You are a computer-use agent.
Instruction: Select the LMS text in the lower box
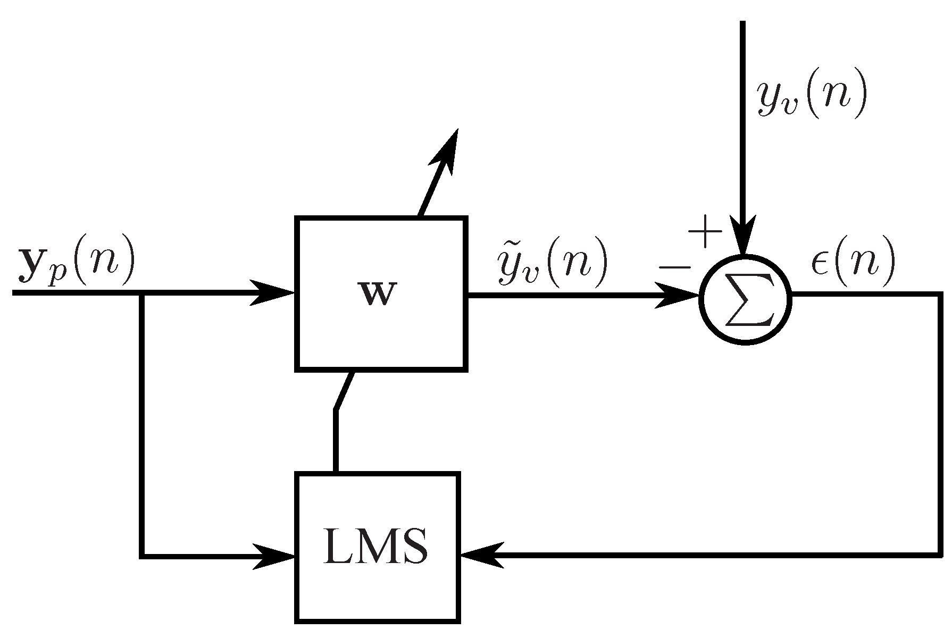point(375,548)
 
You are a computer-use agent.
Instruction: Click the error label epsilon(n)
point(853,261)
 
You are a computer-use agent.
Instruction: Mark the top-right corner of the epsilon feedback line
point(939,295)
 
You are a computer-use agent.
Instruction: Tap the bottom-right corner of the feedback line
point(939,555)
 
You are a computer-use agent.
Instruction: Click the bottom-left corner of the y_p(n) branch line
point(142,556)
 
